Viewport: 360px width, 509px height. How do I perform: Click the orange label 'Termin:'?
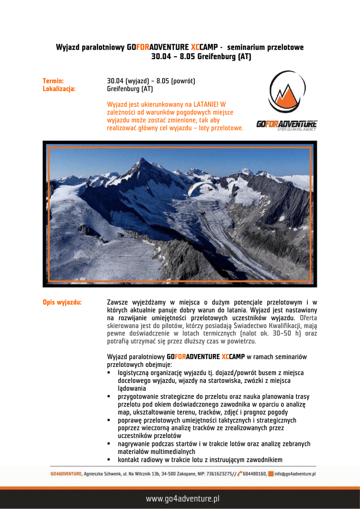point(53,81)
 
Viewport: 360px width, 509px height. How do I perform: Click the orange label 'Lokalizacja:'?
point(59,89)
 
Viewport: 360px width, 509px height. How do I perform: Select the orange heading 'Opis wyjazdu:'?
point(62,302)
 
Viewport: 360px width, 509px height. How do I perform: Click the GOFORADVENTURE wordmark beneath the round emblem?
point(287,124)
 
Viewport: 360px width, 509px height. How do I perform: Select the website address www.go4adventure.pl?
point(182,498)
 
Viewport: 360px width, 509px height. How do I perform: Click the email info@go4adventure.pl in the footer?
point(295,474)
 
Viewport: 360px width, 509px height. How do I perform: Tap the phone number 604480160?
point(255,474)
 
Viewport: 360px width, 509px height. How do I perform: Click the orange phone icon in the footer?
point(240,474)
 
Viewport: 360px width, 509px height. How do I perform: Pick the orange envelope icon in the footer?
point(270,474)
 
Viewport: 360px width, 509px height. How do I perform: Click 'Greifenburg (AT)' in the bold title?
point(225,57)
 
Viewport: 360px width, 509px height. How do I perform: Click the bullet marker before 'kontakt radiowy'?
point(109,460)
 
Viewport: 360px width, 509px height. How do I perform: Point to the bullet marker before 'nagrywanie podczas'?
point(109,444)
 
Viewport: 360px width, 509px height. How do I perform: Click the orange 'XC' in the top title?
point(195,47)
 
